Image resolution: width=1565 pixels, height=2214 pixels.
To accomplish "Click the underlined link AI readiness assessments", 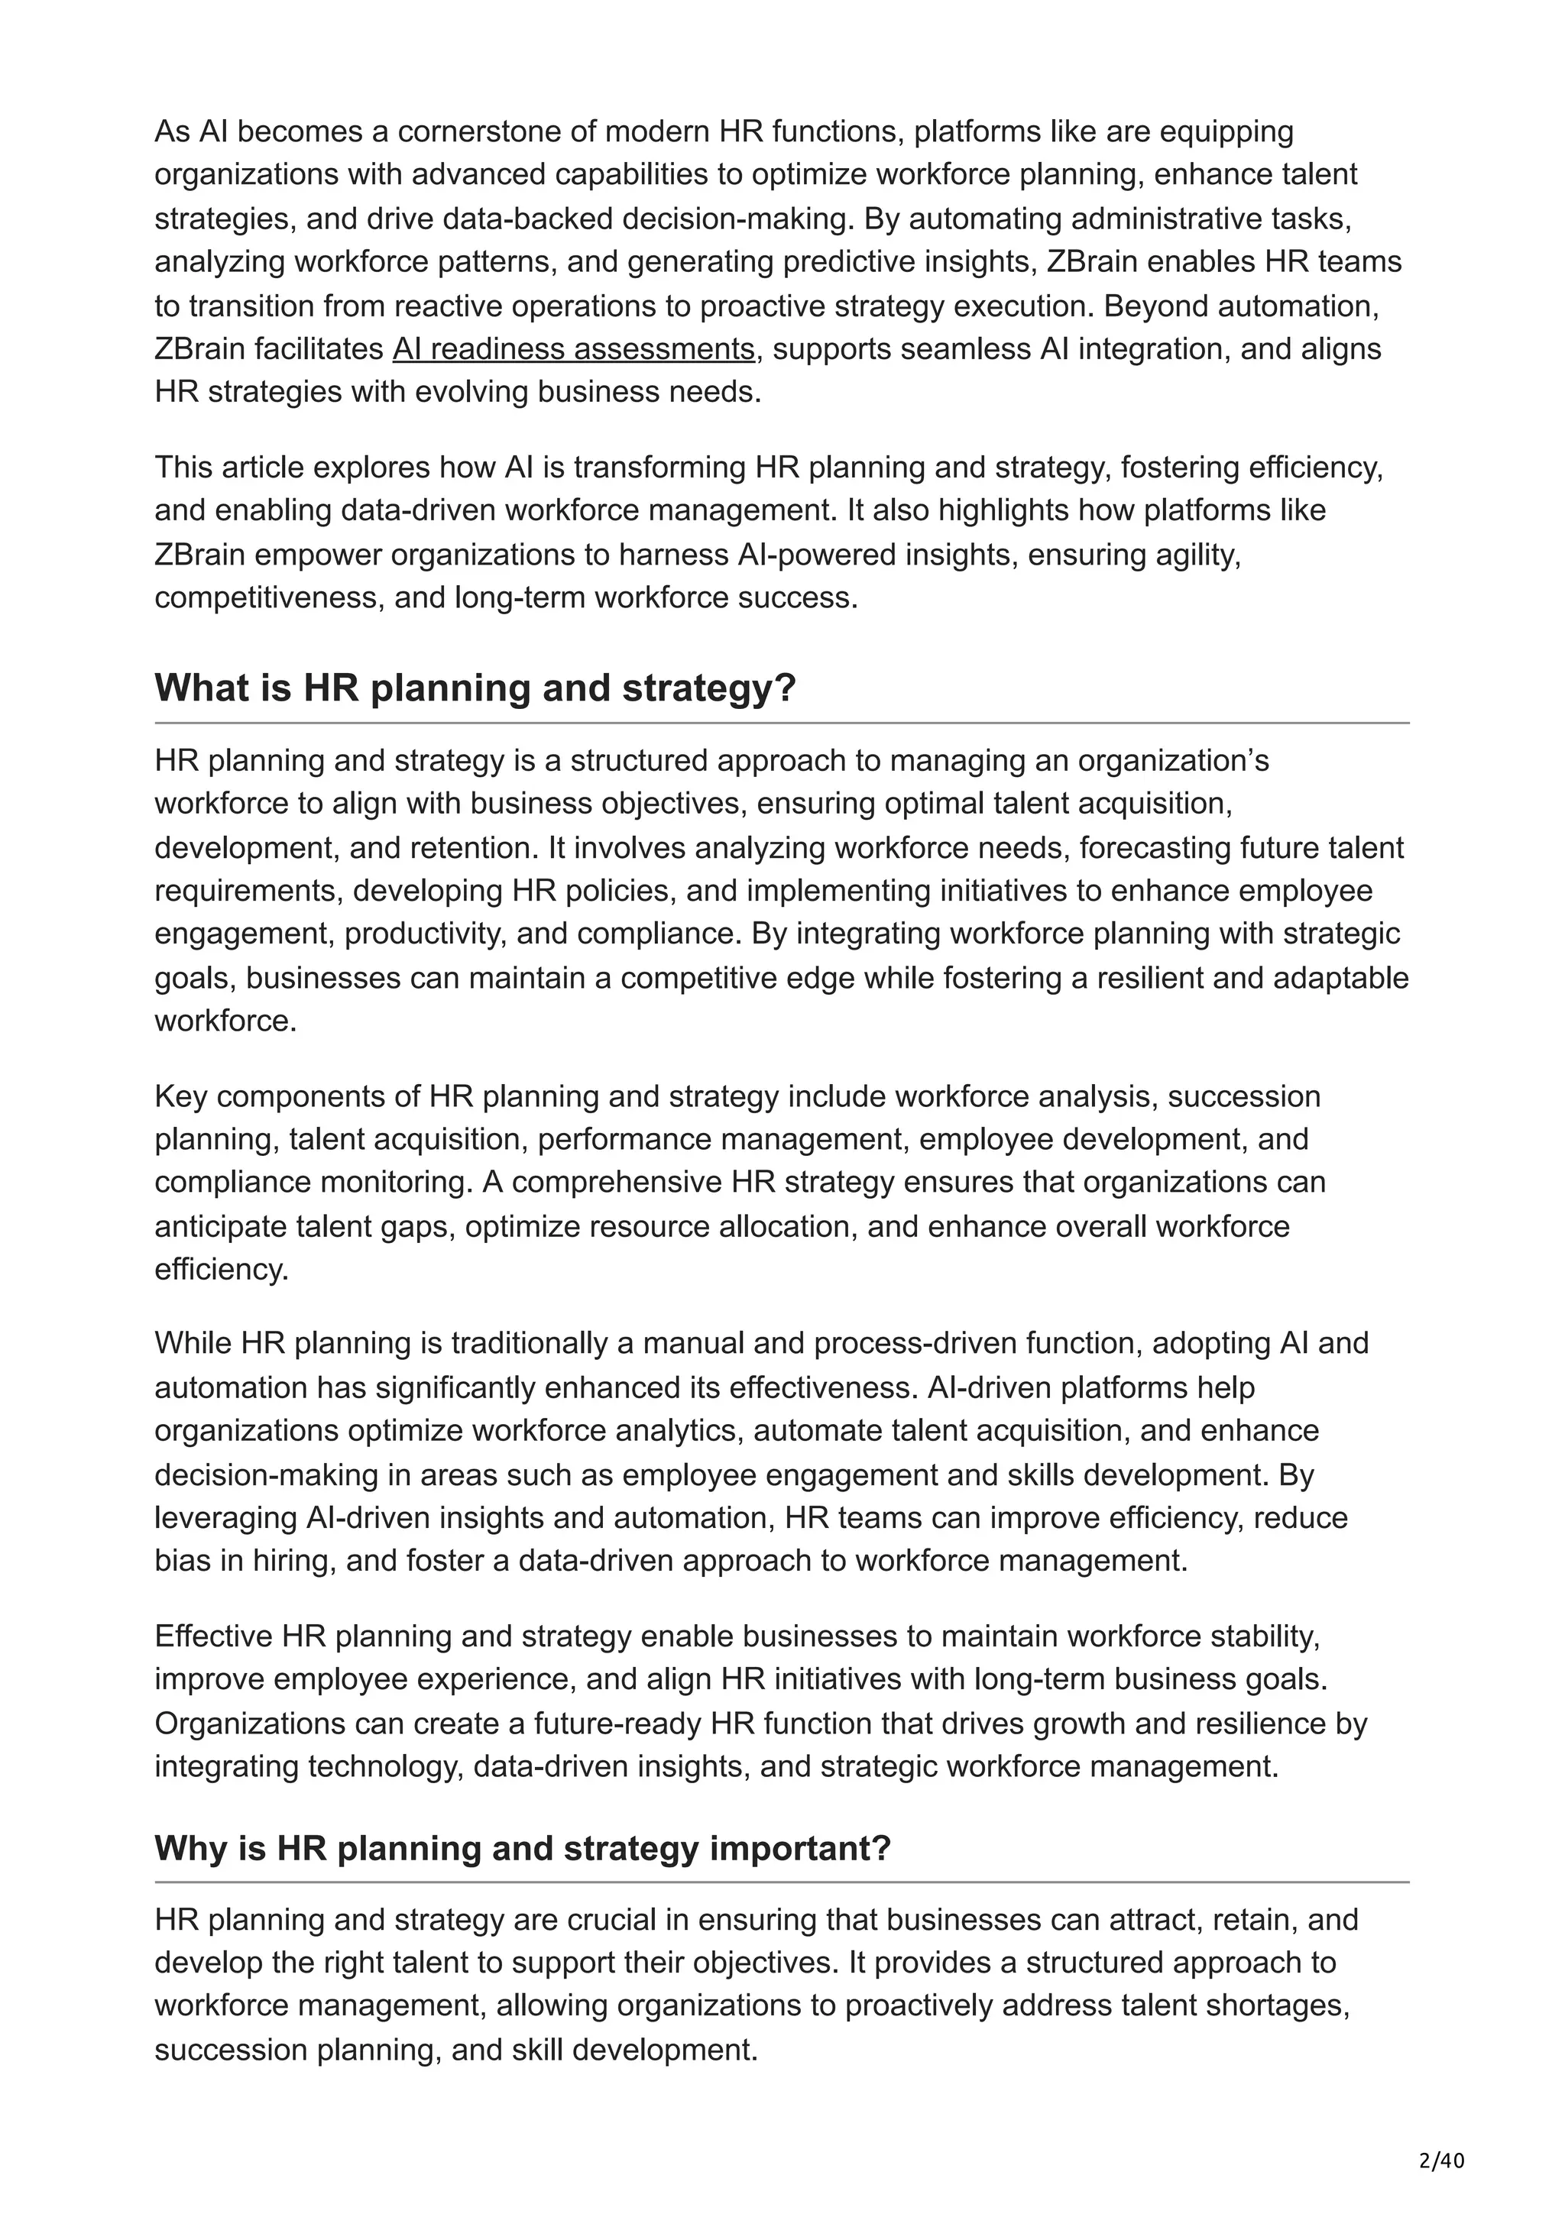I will tap(573, 349).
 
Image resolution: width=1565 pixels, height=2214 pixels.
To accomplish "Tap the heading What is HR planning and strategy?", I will tap(475, 688).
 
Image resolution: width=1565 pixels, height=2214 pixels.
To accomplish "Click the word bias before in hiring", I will tap(183, 1560).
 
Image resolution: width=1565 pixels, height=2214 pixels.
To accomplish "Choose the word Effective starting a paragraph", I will tap(214, 1636).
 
